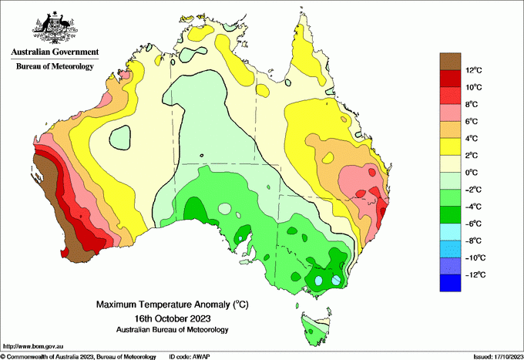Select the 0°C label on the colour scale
click(x=473, y=173)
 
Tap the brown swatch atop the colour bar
click(x=449, y=62)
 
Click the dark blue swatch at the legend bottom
click(x=449, y=283)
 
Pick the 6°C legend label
click(x=473, y=122)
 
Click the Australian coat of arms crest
click(x=54, y=27)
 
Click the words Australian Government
click(x=54, y=52)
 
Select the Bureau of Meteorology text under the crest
click(x=55, y=66)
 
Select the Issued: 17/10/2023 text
click(x=497, y=356)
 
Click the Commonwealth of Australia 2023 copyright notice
click(x=78, y=356)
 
